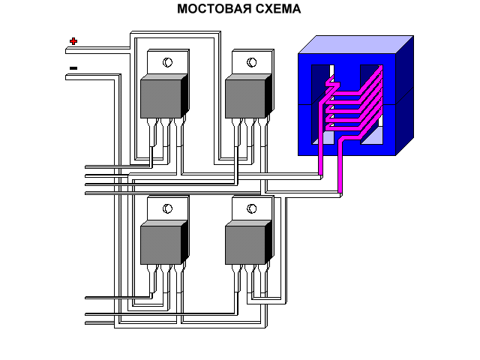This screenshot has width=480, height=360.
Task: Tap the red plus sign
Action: pyautogui.click(x=73, y=41)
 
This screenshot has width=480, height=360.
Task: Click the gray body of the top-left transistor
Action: pyautogui.click(x=160, y=99)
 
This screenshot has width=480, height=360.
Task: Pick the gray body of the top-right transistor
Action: pyautogui.click(x=245, y=99)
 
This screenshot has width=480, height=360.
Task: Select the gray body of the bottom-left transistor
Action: pyautogui.click(x=160, y=245)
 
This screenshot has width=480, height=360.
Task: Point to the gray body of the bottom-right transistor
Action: pyautogui.click(x=245, y=245)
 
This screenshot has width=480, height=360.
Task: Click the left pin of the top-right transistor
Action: pyautogui.click(x=241, y=135)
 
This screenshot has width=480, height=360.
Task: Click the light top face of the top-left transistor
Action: pyautogui.click(x=164, y=77)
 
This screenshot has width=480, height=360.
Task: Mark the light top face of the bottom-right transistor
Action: pyautogui.click(x=249, y=223)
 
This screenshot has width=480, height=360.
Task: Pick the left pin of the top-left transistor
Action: pyautogui.click(x=156, y=135)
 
